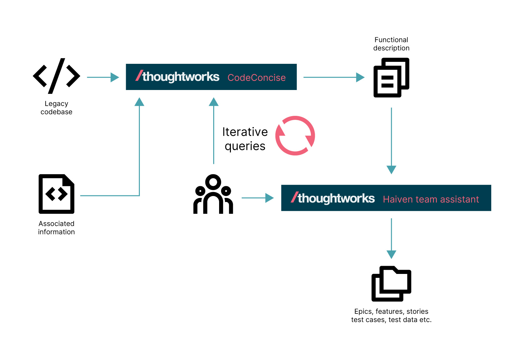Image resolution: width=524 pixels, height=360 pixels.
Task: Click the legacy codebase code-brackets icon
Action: click(57, 76)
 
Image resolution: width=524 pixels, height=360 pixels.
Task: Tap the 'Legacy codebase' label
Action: click(56, 108)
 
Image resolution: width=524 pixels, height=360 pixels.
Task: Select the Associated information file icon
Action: click(57, 194)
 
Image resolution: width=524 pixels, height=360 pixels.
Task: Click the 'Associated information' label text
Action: click(56, 228)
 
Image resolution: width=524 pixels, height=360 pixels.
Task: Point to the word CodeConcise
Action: click(256, 78)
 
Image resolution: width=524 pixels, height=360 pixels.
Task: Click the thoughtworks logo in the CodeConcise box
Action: click(178, 77)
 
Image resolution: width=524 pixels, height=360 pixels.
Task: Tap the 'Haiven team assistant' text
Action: click(431, 199)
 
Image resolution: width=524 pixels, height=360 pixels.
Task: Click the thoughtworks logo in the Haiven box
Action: click(333, 198)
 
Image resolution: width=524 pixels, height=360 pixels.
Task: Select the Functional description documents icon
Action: click(391, 78)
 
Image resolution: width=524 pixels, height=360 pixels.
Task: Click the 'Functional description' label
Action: click(391, 44)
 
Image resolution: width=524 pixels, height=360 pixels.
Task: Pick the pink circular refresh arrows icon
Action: click(295, 135)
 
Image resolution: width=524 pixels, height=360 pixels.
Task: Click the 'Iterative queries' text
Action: click(245, 139)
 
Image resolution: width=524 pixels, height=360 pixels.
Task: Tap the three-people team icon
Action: click(213, 194)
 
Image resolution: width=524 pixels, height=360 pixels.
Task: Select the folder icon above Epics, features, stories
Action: click(391, 284)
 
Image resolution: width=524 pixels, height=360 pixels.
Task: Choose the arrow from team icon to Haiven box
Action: click(257, 198)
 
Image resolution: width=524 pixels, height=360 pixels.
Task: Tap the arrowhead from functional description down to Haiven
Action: click(391, 169)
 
